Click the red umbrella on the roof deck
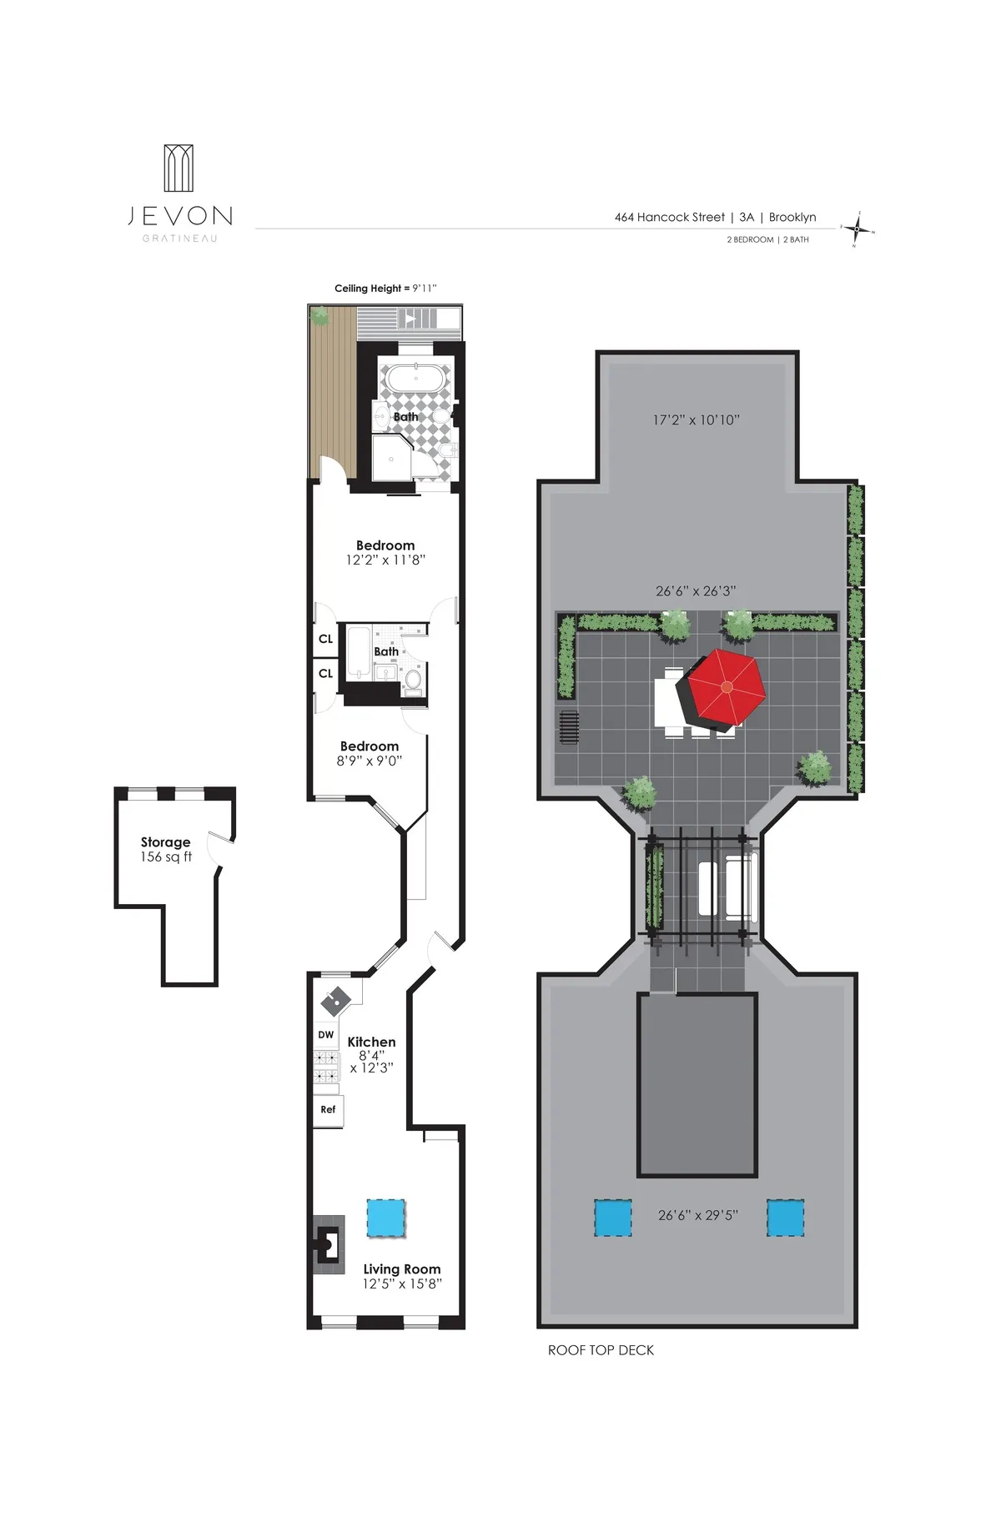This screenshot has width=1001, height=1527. tap(726, 686)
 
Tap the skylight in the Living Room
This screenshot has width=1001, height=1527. tap(386, 1218)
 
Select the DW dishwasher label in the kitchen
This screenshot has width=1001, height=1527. tap(326, 1035)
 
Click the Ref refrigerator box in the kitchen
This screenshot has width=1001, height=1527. tap(328, 1109)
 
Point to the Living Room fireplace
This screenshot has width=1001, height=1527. tap(329, 1243)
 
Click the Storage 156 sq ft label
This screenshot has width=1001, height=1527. tap(165, 850)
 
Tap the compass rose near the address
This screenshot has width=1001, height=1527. tap(858, 229)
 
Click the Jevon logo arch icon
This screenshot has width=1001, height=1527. tap(179, 168)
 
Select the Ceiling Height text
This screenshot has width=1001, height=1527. tap(385, 289)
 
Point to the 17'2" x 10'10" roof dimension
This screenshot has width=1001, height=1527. tap(696, 420)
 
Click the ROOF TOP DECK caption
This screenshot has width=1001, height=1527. tap(601, 1350)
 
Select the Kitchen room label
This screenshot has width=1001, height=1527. tap(371, 1042)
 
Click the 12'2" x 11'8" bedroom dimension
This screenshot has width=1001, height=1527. tap(385, 560)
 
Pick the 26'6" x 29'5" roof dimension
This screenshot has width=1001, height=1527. tap(697, 1215)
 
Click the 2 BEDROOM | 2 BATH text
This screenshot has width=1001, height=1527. tap(767, 239)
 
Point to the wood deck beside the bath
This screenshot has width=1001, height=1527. tap(331, 395)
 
